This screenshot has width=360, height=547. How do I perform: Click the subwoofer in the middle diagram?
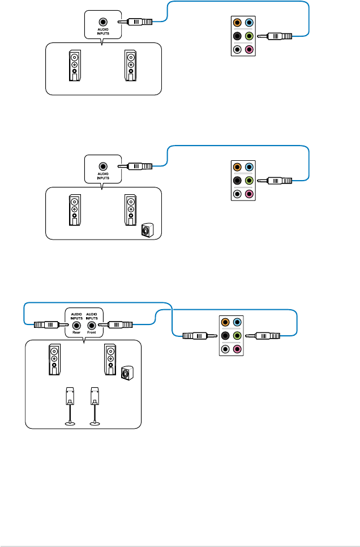pyautogui.click(x=147, y=231)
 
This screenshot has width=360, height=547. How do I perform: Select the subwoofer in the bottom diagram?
pyautogui.click(x=128, y=373)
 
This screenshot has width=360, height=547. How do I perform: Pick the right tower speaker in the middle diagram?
pyautogui.click(x=130, y=211)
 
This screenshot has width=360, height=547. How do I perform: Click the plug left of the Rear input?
pyautogui.click(x=46, y=326)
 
